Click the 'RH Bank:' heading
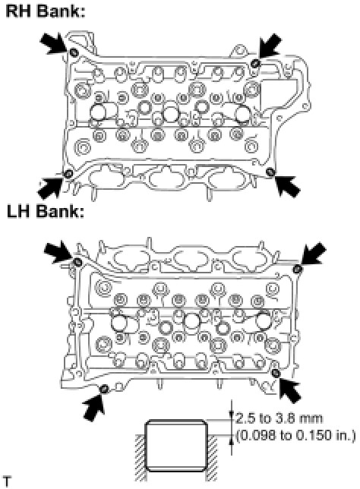(x=46, y=11)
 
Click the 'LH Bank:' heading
(x=46, y=212)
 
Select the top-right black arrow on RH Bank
(x=269, y=46)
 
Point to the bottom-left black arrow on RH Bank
(x=51, y=186)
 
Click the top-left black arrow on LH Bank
(x=59, y=251)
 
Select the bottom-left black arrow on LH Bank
(x=93, y=407)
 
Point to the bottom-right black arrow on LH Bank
(x=290, y=388)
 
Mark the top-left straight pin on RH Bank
(x=74, y=53)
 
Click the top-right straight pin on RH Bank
(x=255, y=64)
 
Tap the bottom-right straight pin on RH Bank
(x=270, y=171)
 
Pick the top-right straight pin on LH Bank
(x=298, y=269)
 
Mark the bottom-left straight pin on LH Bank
(x=104, y=389)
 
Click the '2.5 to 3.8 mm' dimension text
(x=279, y=418)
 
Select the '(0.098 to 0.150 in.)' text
(x=295, y=435)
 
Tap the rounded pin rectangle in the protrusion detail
(x=176, y=445)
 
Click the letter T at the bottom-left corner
(x=7, y=481)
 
